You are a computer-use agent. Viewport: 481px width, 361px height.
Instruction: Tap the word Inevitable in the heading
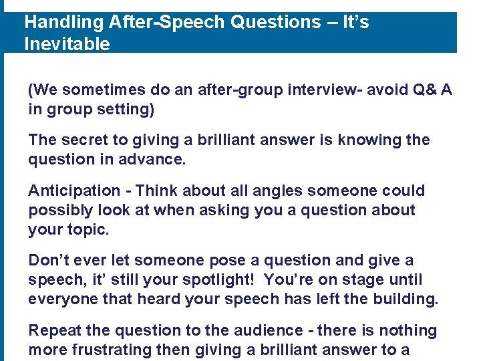(67, 45)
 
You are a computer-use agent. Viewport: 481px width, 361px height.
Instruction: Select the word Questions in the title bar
(276, 23)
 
